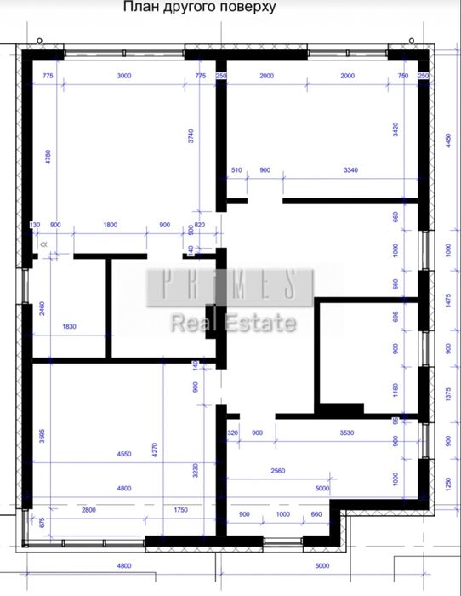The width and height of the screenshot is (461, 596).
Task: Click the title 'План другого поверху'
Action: [x=199, y=8]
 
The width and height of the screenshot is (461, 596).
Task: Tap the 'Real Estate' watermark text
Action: [x=234, y=323]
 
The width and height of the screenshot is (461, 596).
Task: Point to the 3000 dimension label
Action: [x=124, y=76]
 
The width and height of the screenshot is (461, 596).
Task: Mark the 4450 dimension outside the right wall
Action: [x=447, y=140]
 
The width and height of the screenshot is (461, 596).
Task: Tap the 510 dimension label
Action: [x=237, y=170]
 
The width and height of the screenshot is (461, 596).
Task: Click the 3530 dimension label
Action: [x=346, y=433]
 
